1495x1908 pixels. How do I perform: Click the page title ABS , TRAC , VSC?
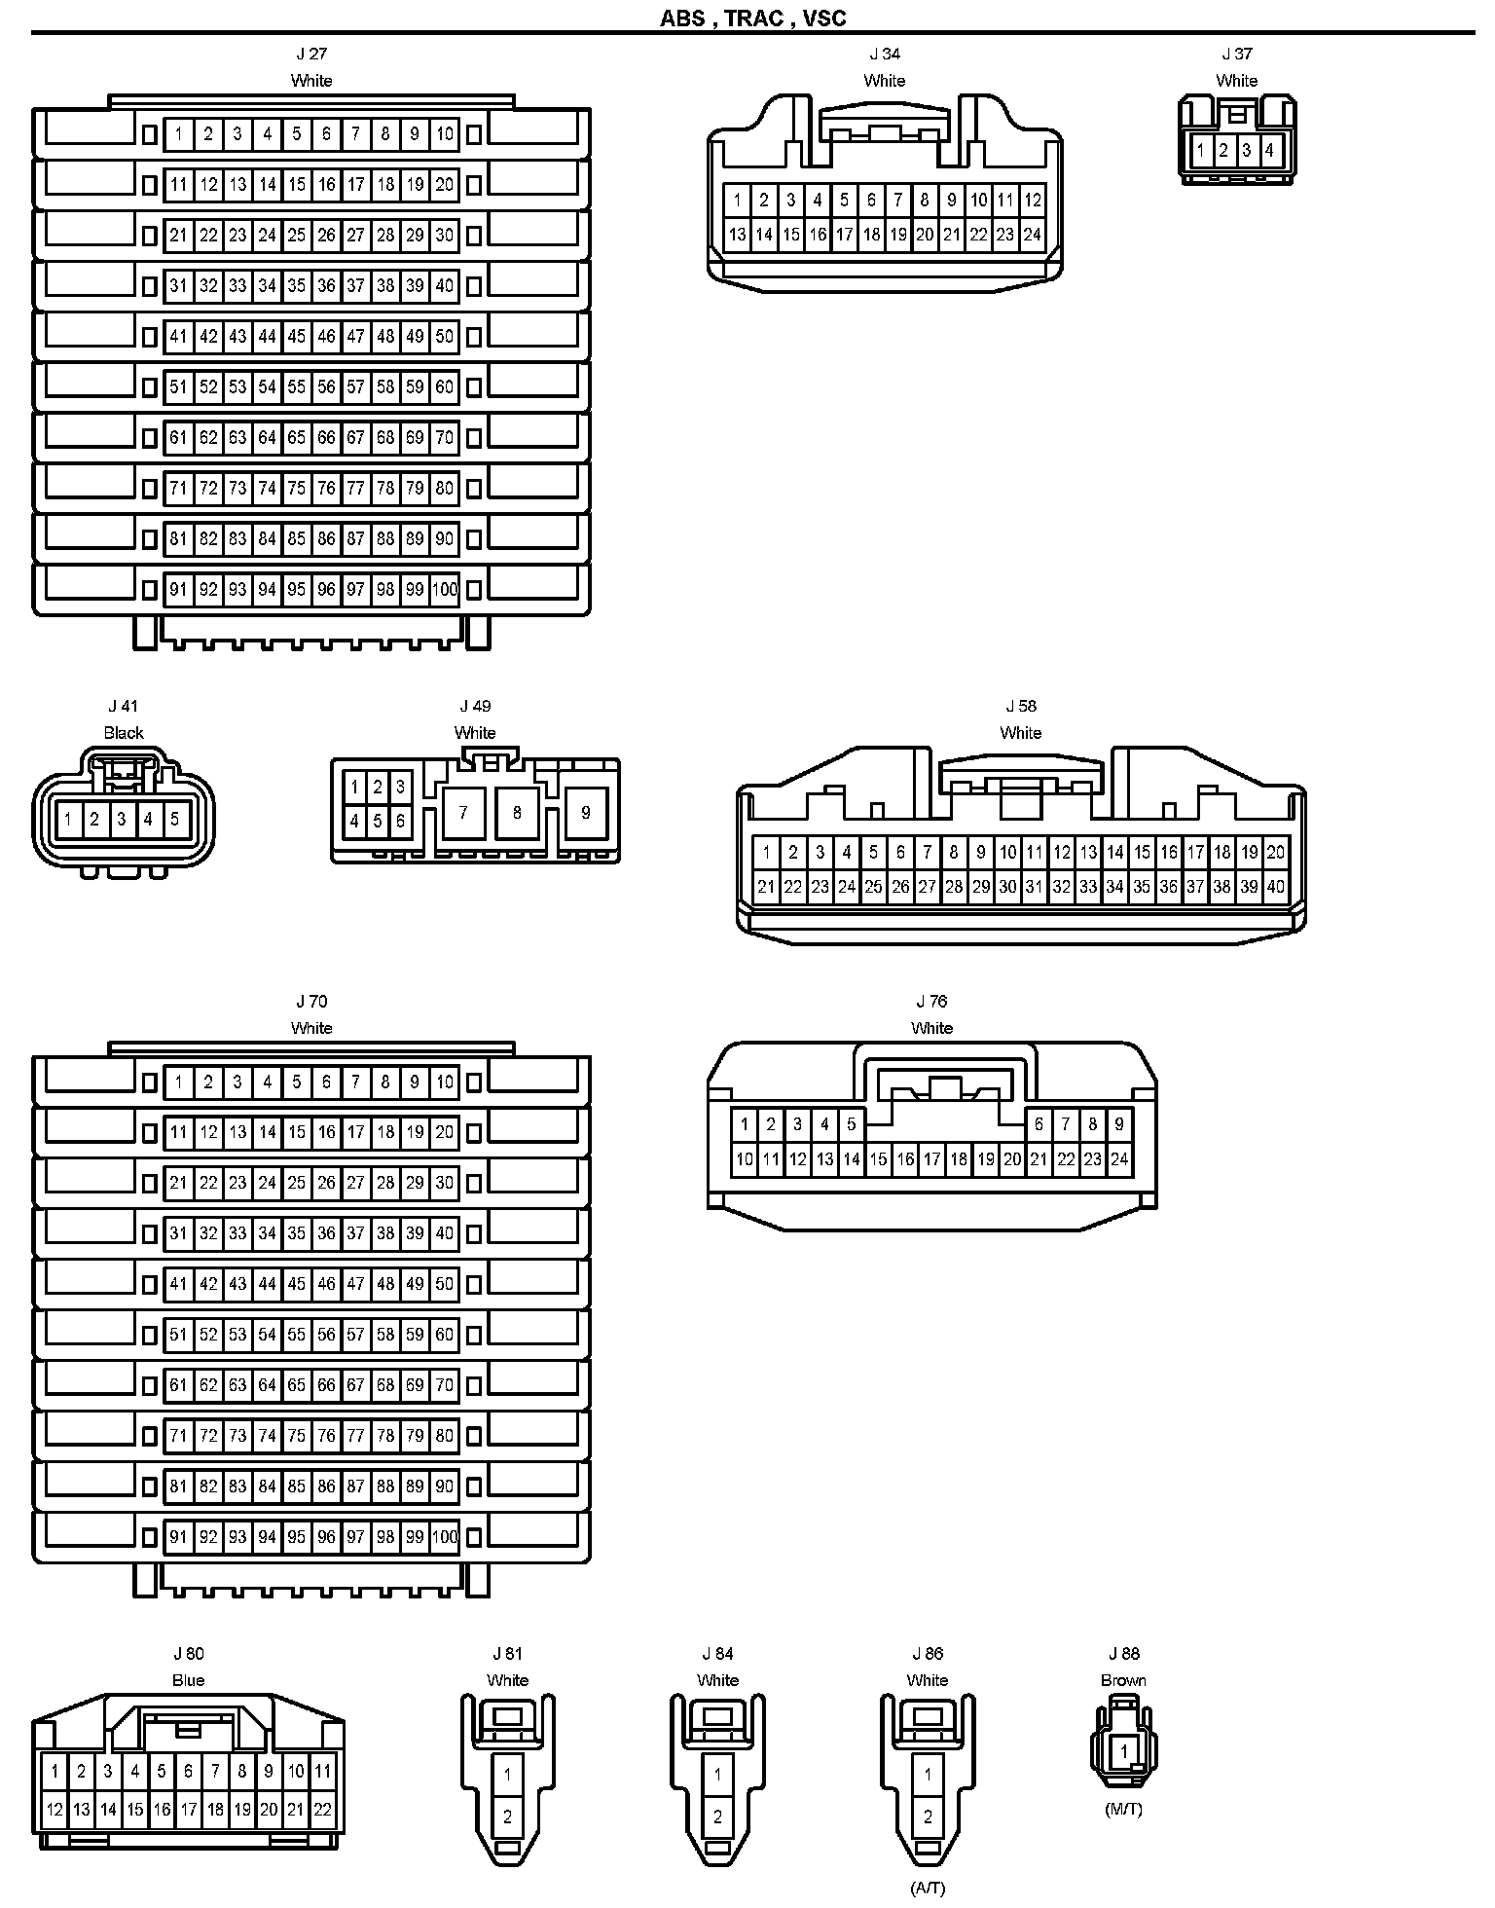752,18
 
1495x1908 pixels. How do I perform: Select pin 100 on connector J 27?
445,589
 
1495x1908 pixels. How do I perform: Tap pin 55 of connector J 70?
296,1335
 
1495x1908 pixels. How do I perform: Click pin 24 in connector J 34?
1032,234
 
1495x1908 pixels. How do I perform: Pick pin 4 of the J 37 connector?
1269,151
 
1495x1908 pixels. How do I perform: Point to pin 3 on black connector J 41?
122,820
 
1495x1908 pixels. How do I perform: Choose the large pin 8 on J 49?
517,812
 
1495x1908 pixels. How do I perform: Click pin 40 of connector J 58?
1275,887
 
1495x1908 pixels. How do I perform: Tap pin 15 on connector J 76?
878,1158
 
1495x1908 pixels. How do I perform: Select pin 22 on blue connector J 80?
322,1810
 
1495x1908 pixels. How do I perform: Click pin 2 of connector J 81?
507,1816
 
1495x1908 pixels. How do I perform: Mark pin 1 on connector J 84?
717,1775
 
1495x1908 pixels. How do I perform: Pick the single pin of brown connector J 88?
1124,1751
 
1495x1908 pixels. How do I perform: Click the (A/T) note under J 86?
928,1888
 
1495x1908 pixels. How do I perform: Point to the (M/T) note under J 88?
1123,1809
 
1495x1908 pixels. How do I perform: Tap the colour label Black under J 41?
124,733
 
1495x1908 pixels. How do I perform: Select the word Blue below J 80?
188,1680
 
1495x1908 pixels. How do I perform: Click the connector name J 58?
1021,706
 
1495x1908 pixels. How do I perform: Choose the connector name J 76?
931,1001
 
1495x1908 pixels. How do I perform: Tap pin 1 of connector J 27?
178,134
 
